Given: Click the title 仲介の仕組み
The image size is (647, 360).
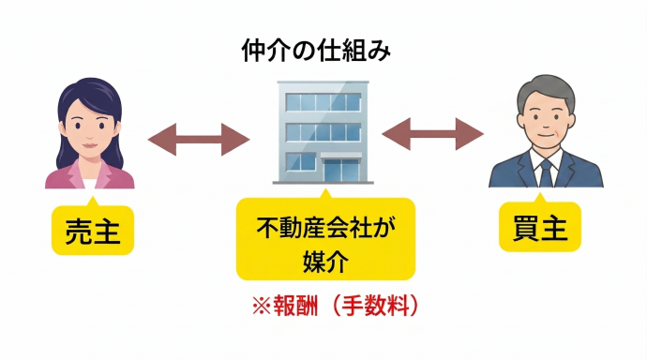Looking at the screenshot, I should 323,49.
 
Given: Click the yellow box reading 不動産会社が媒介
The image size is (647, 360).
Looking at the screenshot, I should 324,239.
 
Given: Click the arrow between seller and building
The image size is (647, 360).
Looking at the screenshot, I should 199,141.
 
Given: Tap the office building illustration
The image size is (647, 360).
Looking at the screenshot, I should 324,131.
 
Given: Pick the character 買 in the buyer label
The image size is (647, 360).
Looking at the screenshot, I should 526,228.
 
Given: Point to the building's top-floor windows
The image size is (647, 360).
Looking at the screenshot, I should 324,102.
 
